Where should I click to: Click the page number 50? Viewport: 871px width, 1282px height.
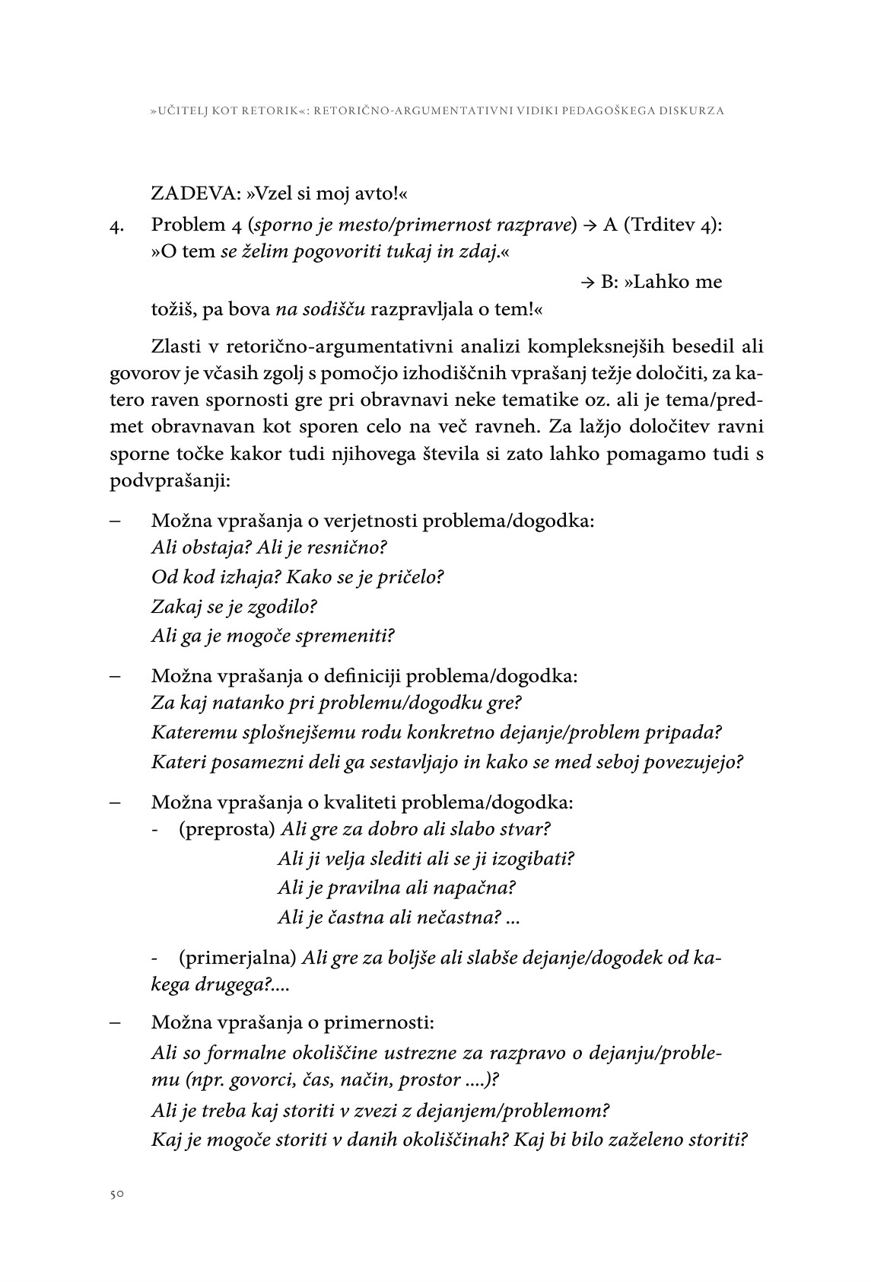pos(115,1194)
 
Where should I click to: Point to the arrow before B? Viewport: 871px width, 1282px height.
pos(587,282)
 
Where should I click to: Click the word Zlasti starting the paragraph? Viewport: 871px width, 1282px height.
pos(176,346)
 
